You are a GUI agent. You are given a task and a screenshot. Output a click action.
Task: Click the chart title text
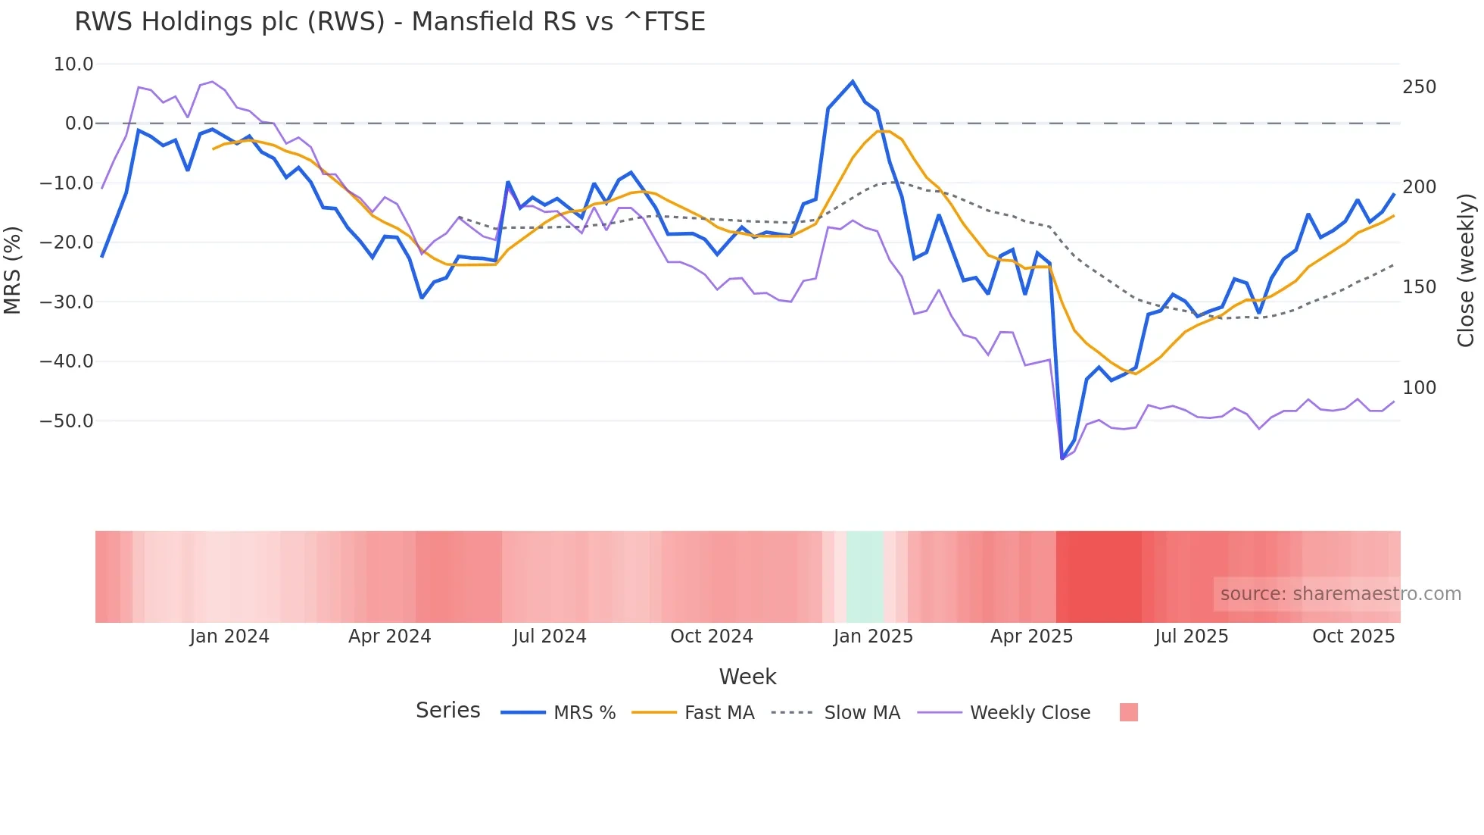click(x=389, y=22)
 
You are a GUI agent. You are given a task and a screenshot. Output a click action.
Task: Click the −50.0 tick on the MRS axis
click(x=67, y=421)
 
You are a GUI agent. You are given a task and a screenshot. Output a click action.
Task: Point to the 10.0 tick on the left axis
click(x=73, y=64)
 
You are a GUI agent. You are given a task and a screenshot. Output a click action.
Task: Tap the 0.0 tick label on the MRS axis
click(x=79, y=124)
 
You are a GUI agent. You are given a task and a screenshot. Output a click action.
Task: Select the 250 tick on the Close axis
click(x=1419, y=87)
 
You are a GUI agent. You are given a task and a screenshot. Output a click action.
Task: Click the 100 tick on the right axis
click(x=1419, y=388)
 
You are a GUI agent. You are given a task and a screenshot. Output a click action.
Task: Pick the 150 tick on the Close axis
click(x=1419, y=287)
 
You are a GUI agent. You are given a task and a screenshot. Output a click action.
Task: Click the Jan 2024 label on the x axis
click(x=229, y=636)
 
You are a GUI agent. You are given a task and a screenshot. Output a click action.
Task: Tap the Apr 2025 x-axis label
click(x=1031, y=636)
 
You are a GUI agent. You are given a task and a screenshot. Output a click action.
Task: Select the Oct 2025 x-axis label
click(x=1353, y=636)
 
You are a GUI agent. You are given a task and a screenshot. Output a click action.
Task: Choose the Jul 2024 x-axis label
click(x=550, y=636)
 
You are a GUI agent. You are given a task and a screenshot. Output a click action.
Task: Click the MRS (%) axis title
click(x=12, y=270)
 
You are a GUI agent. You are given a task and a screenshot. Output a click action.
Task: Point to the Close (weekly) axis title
click(x=1466, y=270)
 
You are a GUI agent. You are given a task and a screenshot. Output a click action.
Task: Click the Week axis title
click(x=747, y=677)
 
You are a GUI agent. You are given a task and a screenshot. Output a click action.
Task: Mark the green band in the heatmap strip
click(x=865, y=577)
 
